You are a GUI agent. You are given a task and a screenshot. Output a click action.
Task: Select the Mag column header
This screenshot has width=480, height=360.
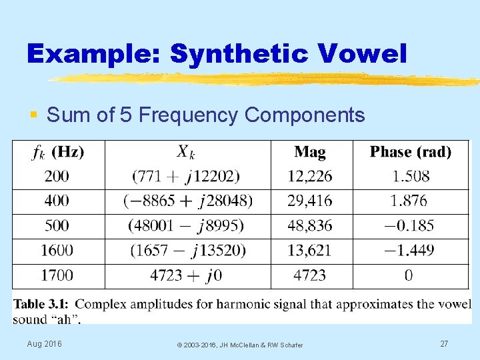(310, 152)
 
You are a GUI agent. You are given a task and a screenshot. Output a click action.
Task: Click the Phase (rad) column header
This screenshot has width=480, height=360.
(411, 152)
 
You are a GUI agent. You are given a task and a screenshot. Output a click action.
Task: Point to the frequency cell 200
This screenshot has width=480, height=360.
(57, 177)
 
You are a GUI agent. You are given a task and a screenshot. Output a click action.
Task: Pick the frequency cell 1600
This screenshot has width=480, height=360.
(57, 250)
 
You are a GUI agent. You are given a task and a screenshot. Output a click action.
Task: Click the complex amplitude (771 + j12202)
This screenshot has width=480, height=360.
(187, 177)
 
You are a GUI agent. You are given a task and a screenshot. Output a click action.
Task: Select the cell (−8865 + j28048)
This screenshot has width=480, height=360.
(188, 201)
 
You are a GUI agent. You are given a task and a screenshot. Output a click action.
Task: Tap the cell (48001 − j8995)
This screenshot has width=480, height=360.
(187, 225)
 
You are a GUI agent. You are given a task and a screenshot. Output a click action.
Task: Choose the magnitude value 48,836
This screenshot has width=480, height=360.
(310, 225)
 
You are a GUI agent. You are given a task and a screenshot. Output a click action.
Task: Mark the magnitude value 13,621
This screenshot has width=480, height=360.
(310, 250)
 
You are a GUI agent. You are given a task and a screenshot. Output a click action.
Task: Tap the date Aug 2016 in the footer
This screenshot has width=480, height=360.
(44, 343)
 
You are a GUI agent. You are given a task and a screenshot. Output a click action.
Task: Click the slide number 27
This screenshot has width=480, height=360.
(444, 343)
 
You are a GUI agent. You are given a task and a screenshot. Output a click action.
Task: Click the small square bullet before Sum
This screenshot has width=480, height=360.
(34, 116)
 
